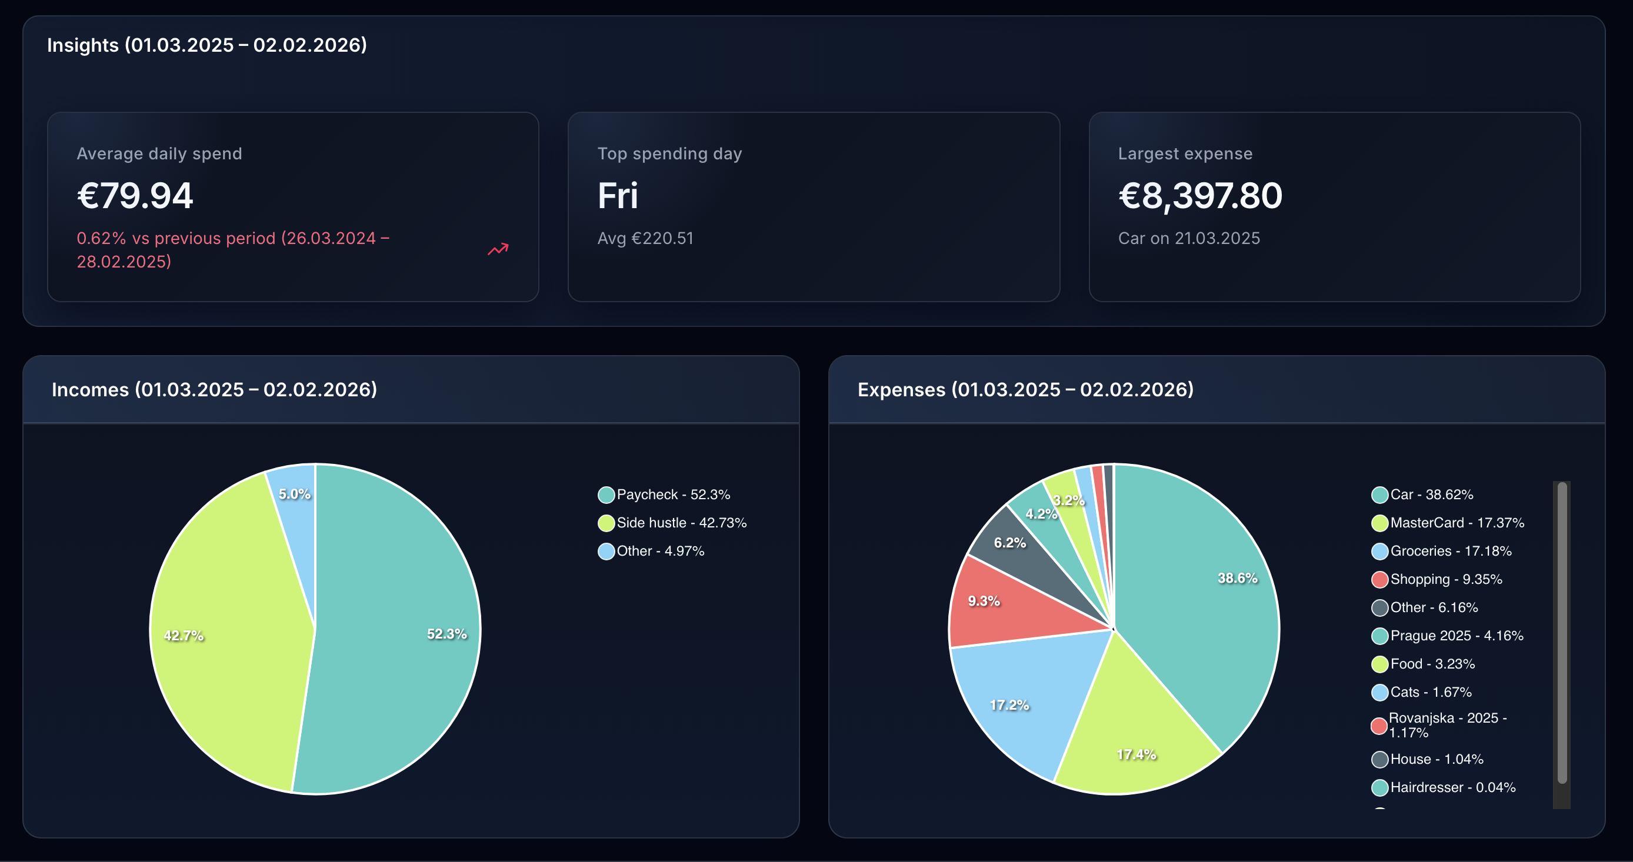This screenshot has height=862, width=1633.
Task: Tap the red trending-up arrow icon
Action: coord(498,249)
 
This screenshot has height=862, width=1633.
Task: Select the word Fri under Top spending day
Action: coord(617,195)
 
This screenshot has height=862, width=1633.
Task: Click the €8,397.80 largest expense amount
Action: coord(1199,195)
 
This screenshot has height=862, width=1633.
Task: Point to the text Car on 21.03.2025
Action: coord(1189,238)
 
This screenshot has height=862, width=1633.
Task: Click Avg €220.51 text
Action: coord(645,238)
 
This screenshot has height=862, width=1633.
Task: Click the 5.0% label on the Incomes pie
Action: coord(294,494)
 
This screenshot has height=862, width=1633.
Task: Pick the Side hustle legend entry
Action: coord(672,523)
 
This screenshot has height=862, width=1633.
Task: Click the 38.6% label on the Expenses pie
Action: coord(1237,578)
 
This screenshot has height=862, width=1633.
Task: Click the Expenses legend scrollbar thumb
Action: coord(1561,634)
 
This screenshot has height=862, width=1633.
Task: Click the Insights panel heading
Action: coord(206,45)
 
